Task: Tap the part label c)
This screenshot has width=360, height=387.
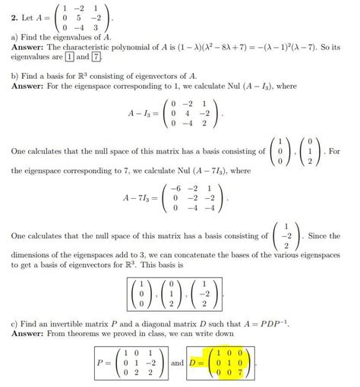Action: pos(15,323)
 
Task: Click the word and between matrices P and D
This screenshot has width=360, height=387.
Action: pos(178,362)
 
